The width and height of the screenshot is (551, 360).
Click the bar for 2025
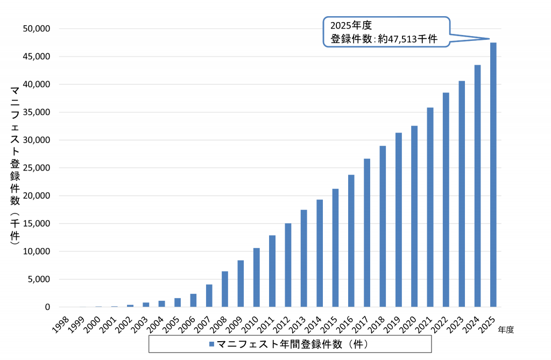493,175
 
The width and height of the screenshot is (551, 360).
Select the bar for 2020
414,216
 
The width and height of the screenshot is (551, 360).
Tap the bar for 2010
257,277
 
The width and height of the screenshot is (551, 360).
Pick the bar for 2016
351,241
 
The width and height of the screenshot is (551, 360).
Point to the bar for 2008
225,289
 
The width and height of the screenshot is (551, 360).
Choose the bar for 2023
462,194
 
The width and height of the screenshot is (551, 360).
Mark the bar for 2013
304,258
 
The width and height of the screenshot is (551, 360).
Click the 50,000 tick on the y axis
37,29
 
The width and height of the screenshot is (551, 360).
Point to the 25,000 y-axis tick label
37,168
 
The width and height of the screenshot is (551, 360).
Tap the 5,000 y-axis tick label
39,279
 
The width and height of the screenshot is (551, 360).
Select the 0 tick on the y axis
47,307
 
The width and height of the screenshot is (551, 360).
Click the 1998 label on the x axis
60,325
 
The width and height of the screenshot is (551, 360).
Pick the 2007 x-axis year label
203,325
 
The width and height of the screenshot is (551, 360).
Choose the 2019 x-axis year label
392,325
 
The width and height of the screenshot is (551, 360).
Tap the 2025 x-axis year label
487,325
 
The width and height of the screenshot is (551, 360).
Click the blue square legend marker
211,344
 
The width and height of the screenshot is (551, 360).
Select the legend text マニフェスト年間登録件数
279,344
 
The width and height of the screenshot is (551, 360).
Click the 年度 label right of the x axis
506,330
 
